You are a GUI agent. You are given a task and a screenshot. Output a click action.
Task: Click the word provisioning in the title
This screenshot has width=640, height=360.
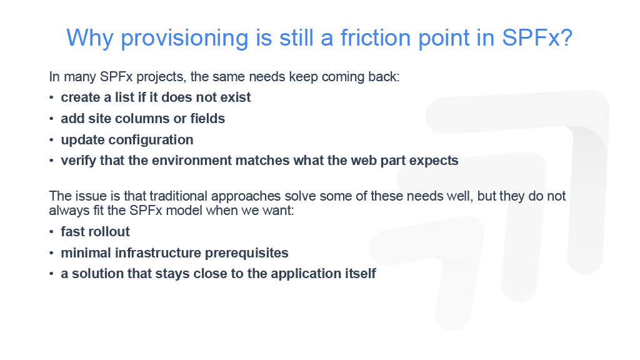(x=184, y=39)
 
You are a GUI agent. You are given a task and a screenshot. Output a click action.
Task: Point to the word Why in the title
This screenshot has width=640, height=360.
(x=90, y=39)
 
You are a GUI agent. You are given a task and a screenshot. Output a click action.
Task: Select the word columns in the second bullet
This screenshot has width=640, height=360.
(x=142, y=119)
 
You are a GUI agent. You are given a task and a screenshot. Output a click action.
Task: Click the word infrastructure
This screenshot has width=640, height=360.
(x=158, y=253)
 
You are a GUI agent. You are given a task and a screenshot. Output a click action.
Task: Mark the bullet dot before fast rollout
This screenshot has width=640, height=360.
(x=51, y=232)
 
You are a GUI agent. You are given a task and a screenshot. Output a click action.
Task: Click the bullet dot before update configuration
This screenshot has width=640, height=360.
(x=51, y=140)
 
